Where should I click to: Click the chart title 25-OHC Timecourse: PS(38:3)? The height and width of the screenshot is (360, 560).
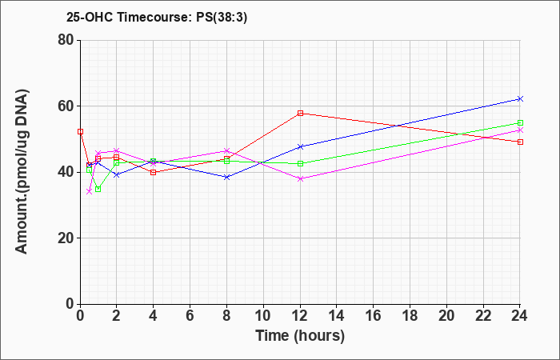[157, 18]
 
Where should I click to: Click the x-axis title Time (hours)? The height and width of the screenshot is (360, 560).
[300, 336]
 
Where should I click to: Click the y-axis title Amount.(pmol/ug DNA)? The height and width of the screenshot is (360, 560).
[22, 171]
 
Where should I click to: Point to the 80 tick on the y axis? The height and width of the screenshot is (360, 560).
[66, 40]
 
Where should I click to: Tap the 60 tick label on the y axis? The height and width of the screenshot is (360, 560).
[66, 106]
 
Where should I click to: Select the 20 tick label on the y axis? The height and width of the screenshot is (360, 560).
[66, 238]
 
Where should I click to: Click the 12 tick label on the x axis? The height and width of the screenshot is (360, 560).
[300, 316]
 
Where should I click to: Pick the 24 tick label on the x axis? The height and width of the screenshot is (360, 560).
[519, 316]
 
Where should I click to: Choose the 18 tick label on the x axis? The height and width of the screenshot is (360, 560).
[410, 316]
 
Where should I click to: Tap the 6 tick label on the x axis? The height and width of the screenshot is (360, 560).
[190, 316]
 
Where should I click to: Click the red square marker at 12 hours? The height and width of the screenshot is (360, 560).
[300, 114]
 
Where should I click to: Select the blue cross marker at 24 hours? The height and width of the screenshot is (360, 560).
[520, 98]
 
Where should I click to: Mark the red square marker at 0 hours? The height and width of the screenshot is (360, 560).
[80, 131]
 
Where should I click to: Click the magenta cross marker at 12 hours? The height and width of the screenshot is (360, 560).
[300, 178]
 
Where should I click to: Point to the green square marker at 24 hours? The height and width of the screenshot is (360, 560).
[520, 123]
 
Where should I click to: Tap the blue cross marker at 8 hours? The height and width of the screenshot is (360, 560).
[226, 177]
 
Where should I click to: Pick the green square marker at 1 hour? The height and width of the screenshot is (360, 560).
[98, 189]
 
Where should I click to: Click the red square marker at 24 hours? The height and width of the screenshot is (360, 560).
[520, 142]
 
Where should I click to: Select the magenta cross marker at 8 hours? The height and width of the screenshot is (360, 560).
[226, 150]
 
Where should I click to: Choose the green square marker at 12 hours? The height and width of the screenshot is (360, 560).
[300, 163]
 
